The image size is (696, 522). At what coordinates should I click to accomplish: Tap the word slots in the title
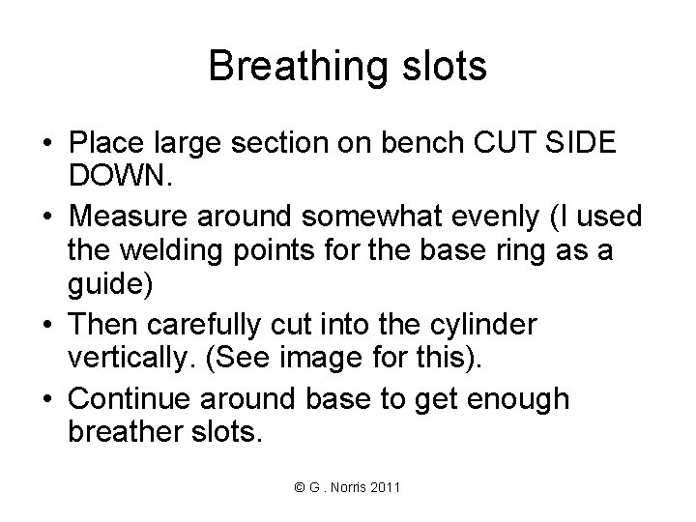(x=440, y=68)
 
